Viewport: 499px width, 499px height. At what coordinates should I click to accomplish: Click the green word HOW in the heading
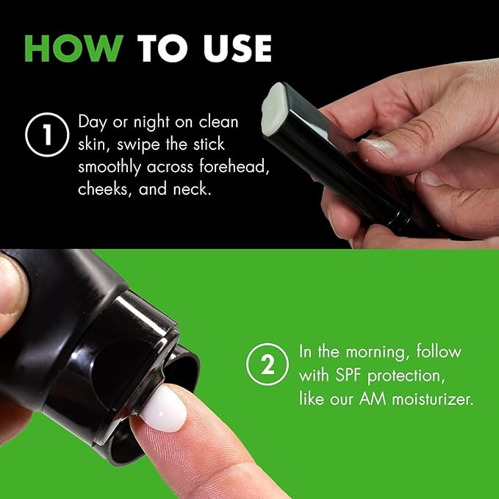point(73,49)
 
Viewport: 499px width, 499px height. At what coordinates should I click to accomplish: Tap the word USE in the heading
point(237,49)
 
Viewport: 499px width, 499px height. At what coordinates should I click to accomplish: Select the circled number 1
point(47,134)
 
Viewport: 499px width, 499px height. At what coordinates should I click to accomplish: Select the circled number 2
point(268,365)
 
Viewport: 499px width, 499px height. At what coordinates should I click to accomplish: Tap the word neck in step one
point(192,189)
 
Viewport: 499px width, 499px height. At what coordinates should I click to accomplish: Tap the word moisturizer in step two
point(432,399)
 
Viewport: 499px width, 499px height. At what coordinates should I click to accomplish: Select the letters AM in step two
point(373,399)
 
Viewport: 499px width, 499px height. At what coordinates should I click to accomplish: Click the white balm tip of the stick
point(273,110)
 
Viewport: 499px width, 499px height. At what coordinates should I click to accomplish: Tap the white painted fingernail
point(163,409)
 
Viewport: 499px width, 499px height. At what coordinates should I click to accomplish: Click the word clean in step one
point(218,122)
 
